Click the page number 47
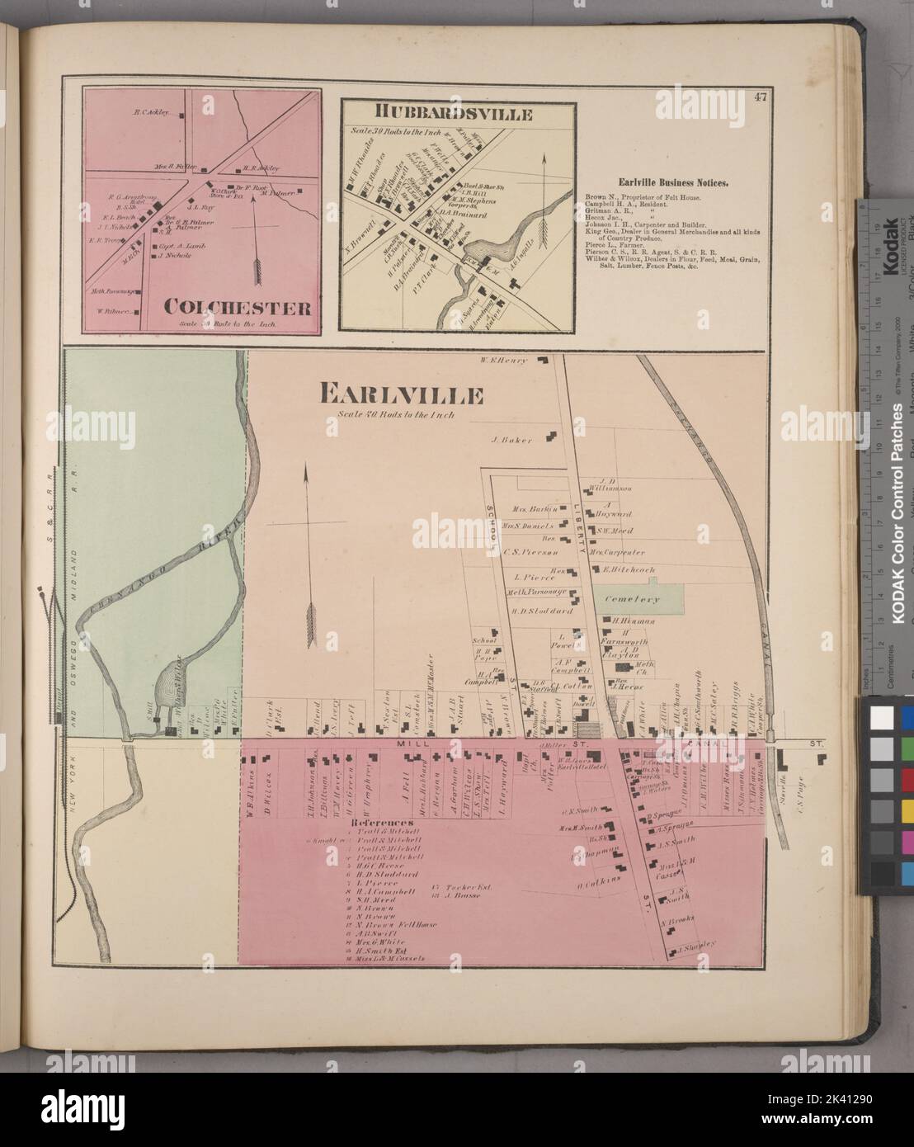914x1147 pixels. [x=761, y=97]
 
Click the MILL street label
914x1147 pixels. [x=401, y=743]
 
